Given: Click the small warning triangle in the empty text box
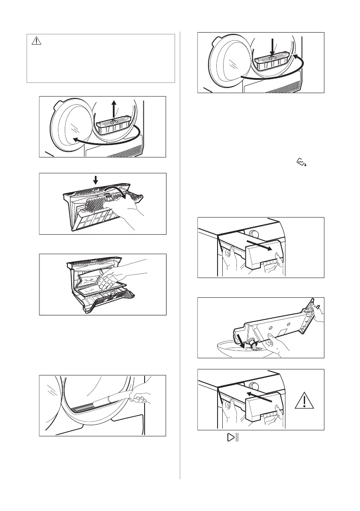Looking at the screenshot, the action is point(36,42).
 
